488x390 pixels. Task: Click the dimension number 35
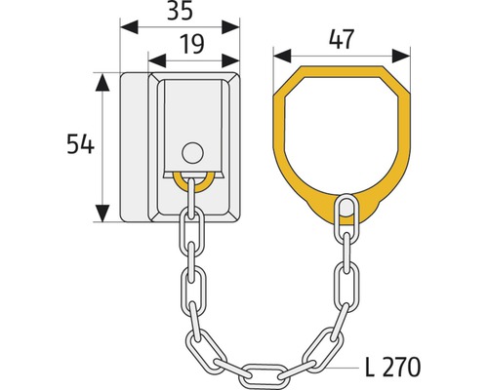[180, 12]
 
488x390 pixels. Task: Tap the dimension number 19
[192, 44]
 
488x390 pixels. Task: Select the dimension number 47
[341, 40]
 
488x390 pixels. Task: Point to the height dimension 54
[80, 144]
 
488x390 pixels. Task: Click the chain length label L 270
[392, 367]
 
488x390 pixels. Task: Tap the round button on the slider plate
[192, 153]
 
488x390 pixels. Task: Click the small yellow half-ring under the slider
[193, 182]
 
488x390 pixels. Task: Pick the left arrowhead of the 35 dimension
[129, 27]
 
